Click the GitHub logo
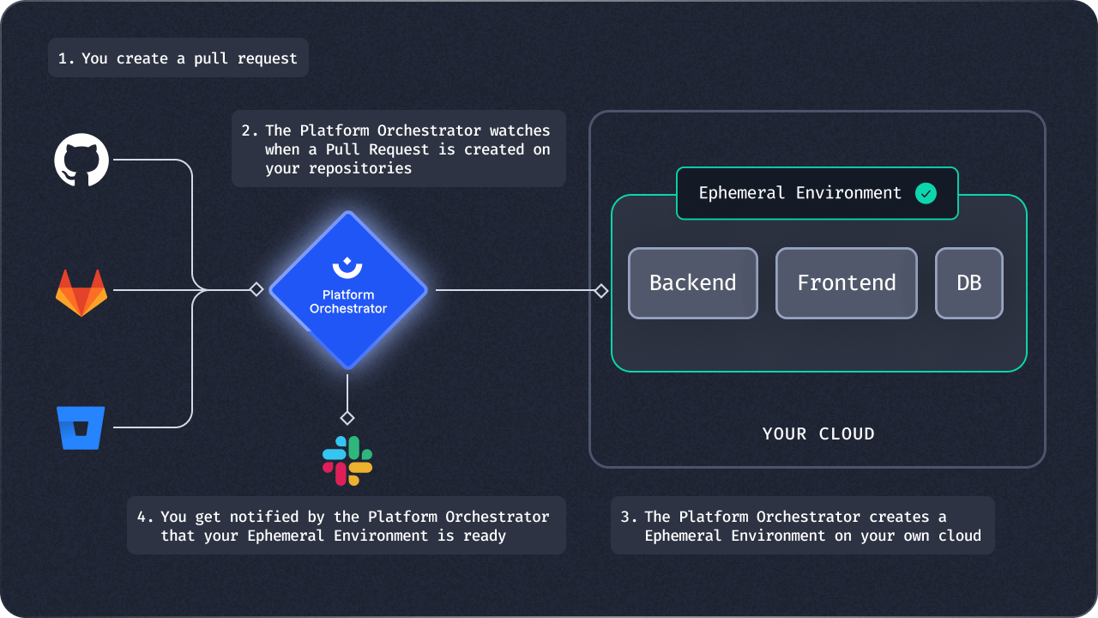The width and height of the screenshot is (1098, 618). click(x=81, y=161)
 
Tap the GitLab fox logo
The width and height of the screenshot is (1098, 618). click(x=81, y=292)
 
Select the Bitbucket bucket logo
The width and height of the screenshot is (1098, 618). click(x=81, y=427)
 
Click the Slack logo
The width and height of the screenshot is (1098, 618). click(x=347, y=461)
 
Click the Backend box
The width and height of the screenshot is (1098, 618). click(x=693, y=283)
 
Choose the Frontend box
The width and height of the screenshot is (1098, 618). click(x=847, y=283)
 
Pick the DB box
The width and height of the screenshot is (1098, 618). click(x=969, y=283)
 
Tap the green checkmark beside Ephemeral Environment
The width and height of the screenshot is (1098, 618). click(x=926, y=194)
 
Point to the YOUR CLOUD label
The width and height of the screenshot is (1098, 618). click(x=818, y=433)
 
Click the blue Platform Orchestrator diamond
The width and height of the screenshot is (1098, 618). click(x=348, y=291)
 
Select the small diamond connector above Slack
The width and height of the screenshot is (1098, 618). click(x=347, y=418)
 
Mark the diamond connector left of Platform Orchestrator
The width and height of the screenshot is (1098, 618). click(x=256, y=290)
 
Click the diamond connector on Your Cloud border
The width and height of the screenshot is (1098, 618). click(x=601, y=291)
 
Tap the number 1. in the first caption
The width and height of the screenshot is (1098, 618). click(x=66, y=59)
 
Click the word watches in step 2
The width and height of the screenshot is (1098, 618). click(x=520, y=130)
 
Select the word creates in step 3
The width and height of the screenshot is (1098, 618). click(x=900, y=517)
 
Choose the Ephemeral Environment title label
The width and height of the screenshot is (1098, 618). click(x=799, y=193)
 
